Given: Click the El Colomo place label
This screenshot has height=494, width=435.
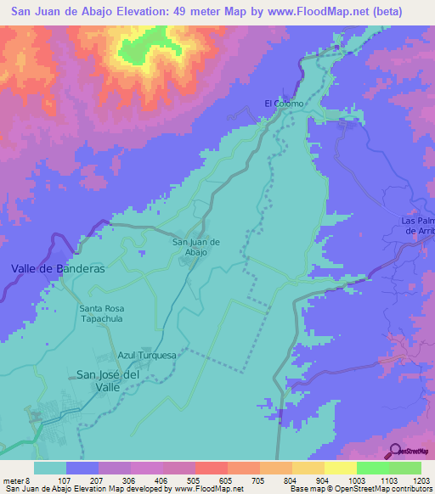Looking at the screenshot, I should [x=284, y=104].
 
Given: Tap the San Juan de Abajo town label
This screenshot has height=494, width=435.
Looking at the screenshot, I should [x=196, y=247].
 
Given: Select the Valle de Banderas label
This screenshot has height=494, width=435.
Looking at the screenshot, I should [x=58, y=268].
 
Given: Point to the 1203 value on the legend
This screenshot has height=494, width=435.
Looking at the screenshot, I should [x=421, y=480].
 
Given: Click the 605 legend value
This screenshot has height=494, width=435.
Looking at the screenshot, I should [x=226, y=480].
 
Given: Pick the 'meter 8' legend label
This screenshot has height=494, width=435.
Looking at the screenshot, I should [x=19, y=480].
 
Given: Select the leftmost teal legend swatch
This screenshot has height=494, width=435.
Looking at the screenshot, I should [x=50, y=468].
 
